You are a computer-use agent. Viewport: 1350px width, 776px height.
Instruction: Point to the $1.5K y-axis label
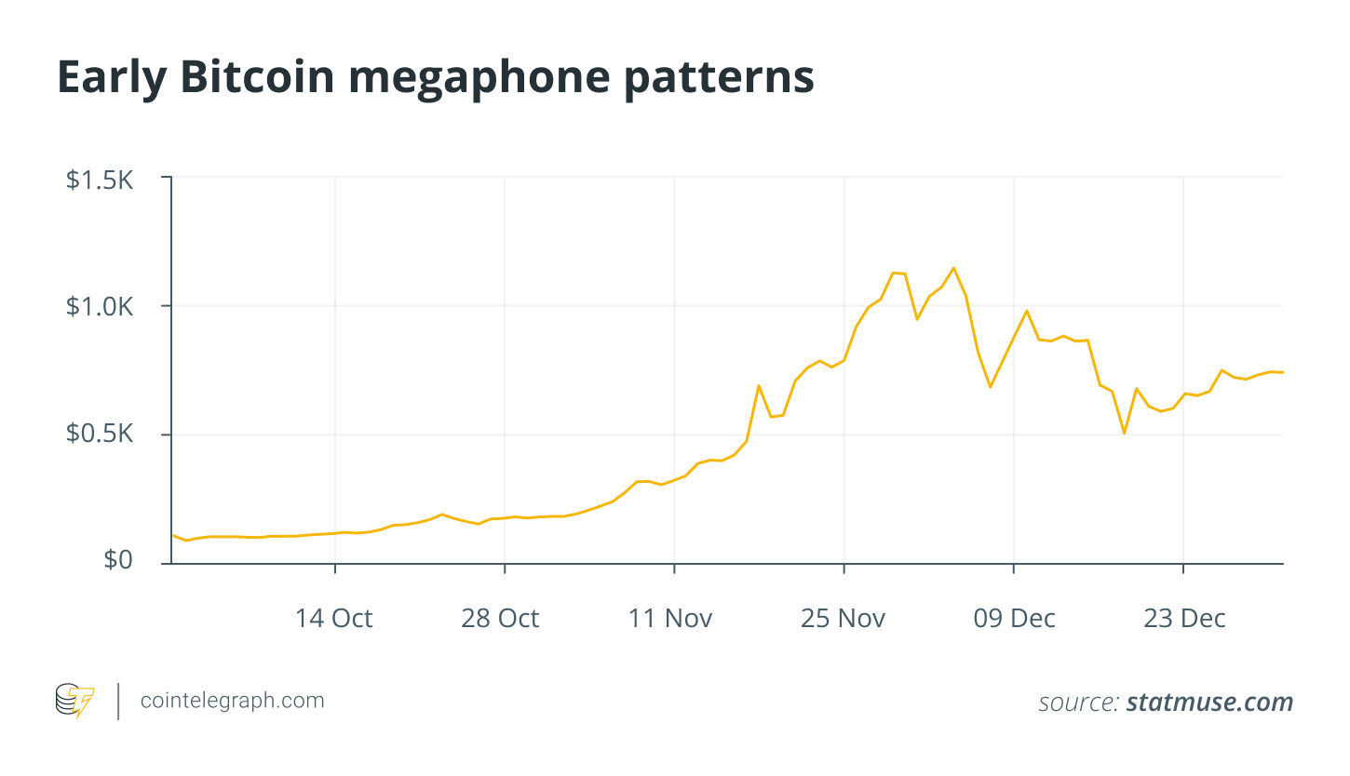coord(100,180)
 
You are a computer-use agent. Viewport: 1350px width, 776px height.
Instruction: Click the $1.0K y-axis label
coord(100,308)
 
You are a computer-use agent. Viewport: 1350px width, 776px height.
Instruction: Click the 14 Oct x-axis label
coord(334,619)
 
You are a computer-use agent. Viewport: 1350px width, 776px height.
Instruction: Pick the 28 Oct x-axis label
coord(500,619)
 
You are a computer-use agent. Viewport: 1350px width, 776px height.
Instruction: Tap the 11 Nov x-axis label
coord(670,619)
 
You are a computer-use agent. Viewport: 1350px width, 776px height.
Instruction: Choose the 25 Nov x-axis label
coord(843,619)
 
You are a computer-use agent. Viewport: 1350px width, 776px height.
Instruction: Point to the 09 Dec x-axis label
coord(1014,619)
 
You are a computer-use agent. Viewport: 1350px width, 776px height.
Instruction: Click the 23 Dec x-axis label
coord(1183,619)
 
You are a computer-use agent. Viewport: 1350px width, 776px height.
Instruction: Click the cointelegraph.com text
coord(232,701)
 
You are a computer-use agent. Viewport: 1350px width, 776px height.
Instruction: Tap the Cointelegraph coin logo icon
coord(74,702)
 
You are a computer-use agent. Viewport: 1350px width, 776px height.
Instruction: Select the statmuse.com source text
coord(1209,702)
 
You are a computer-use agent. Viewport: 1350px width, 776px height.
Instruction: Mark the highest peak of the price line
coord(953,268)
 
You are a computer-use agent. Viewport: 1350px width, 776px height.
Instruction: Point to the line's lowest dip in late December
coord(1125,433)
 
